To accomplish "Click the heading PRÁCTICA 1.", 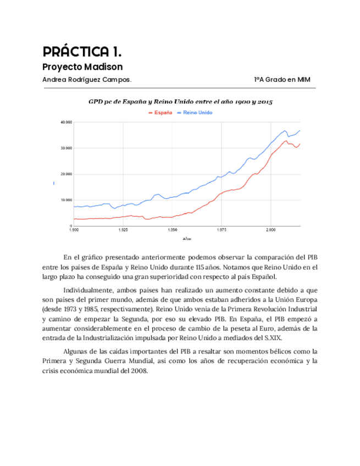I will pos(82,52).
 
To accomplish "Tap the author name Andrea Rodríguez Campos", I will pos(87,80).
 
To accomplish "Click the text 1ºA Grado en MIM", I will pos(282,80).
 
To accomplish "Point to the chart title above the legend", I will pos(181,102).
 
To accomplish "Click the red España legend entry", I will pos(160,112).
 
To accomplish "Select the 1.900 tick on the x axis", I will pos(74,231).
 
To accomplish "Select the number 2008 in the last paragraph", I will pos(141,370).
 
